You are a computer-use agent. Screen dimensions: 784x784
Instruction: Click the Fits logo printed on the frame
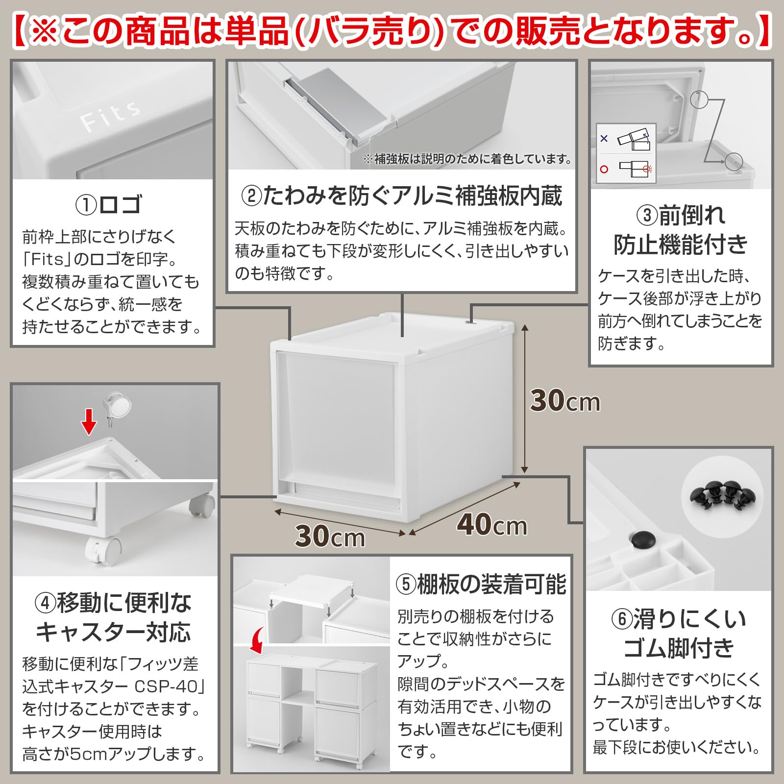pyautogui.click(x=110, y=116)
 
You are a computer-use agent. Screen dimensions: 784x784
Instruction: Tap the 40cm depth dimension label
pyautogui.click(x=491, y=524)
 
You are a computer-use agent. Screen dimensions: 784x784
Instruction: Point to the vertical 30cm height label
pyautogui.click(x=565, y=401)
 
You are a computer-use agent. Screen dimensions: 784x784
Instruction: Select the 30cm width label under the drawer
pyautogui.click(x=330, y=536)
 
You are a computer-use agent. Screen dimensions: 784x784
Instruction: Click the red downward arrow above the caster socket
pyautogui.click(x=89, y=421)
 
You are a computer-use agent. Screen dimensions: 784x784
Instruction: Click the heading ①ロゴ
pyautogui.click(x=109, y=204)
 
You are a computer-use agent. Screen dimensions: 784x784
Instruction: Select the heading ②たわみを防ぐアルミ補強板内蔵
pyautogui.click(x=401, y=196)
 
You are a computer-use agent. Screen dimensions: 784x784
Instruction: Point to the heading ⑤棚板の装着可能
pyautogui.click(x=481, y=584)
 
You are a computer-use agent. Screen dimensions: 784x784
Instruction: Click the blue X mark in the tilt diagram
pyautogui.click(x=604, y=139)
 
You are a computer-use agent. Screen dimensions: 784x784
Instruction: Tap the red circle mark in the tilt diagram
pyautogui.click(x=604, y=169)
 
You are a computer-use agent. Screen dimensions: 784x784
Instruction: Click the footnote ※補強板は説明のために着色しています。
pyautogui.click(x=468, y=159)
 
